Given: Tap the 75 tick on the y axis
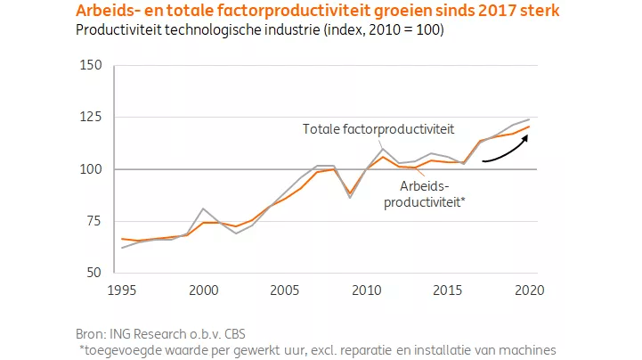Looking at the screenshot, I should tap(92, 221).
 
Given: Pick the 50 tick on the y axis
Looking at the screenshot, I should tap(92, 273).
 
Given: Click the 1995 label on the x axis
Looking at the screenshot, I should tap(122, 290).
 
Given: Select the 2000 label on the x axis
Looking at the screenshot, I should tap(203, 290).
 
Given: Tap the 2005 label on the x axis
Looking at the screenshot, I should tap(285, 290).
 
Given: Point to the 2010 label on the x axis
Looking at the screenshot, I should tap(366, 290).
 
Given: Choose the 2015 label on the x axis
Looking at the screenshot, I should tap(447, 290).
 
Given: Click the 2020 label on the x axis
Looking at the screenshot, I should tap(529, 290).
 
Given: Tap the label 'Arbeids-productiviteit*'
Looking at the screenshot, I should tap(424, 194).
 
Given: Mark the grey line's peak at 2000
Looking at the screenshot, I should tap(203, 209).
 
